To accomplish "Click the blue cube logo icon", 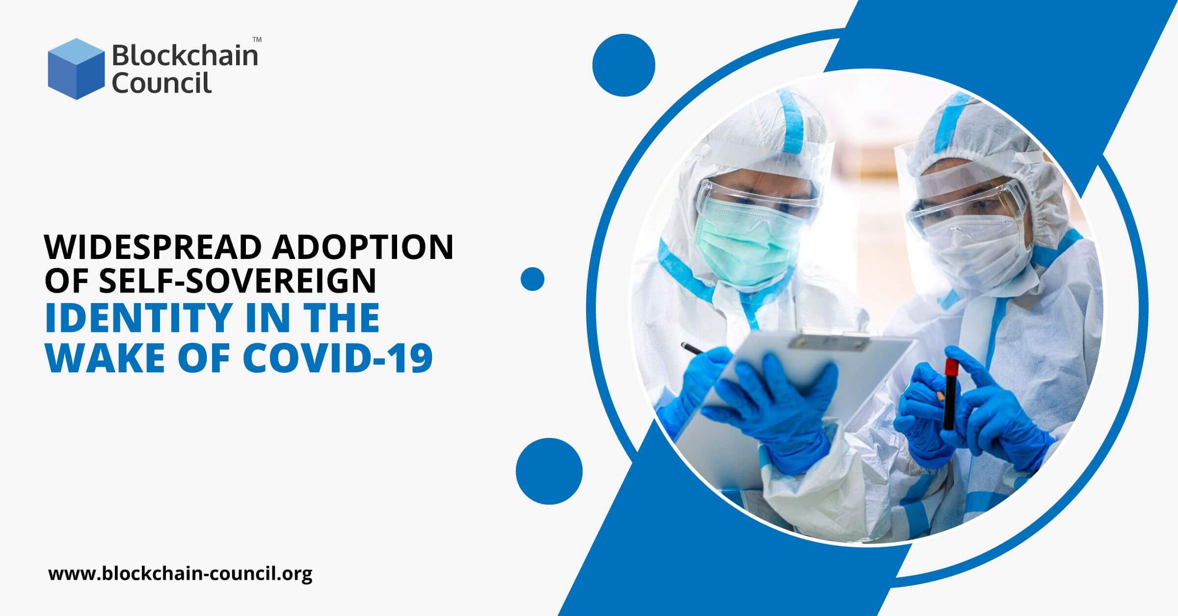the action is pyautogui.click(x=76, y=69).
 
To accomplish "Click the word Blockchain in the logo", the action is pyautogui.click(x=185, y=55).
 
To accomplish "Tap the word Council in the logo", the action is pyautogui.click(x=161, y=82).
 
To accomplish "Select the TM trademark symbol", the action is pyautogui.click(x=257, y=39).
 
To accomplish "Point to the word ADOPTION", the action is pyautogui.click(x=363, y=247).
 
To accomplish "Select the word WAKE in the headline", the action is pyautogui.click(x=106, y=358).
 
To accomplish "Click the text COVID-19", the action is pyautogui.click(x=338, y=358).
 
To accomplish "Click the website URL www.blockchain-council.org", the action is pyautogui.click(x=180, y=573).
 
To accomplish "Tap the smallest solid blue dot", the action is pyautogui.click(x=533, y=279).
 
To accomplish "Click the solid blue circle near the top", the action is pyautogui.click(x=624, y=65).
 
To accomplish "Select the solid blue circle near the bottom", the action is pyautogui.click(x=549, y=471).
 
